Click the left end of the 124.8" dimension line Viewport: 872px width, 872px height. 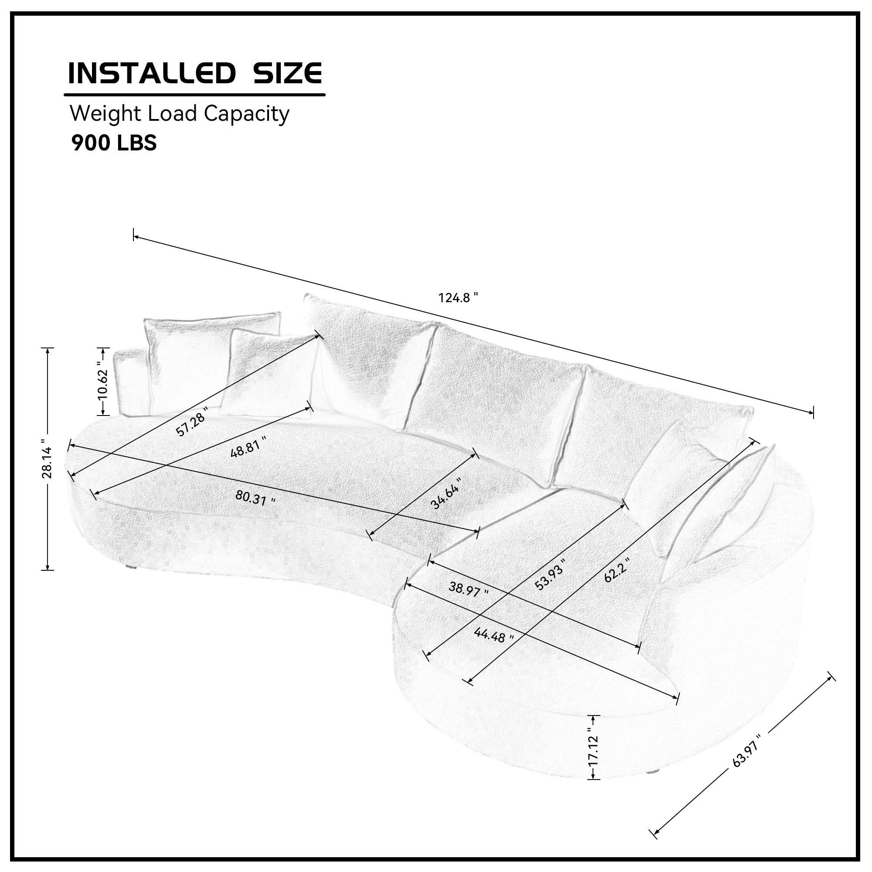(133, 235)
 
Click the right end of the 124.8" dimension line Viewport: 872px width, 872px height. (813, 412)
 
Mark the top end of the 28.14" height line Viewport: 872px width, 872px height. (48, 348)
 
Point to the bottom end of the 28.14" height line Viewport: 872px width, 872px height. (48, 570)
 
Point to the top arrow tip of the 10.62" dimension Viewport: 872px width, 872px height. (103, 348)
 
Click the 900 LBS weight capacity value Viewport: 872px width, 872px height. (114, 143)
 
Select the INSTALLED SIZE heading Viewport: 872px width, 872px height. (195, 73)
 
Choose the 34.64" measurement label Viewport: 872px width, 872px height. (446, 493)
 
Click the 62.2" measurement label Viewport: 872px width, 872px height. (617, 569)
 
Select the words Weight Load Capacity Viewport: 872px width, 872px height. (179, 114)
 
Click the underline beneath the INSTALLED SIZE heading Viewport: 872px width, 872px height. (194, 95)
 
